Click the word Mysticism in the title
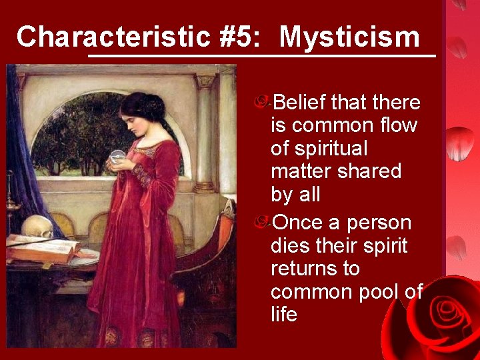pos(349,37)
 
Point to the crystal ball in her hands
pos(117,157)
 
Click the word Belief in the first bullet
pos(300,102)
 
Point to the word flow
pos(397,125)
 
